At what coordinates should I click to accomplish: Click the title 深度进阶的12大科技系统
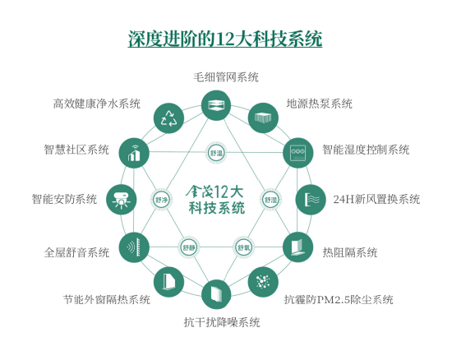(x=225, y=39)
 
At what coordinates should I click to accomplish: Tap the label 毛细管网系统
(x=226, y=77)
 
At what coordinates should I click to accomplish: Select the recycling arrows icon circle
(x=168, y=118)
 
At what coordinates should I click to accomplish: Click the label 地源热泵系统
(x=319, y=104)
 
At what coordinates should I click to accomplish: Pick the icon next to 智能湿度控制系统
(x=297, y=153)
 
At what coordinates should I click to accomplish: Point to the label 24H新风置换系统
(x=376, y=199)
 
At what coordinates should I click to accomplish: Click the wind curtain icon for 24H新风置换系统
(x=311, y=200)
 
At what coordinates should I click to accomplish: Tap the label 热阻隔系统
(x=349, y=252)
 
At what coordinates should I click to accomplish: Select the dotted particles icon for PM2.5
(x=263, y=282)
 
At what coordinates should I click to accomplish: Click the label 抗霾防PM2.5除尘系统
(x=339, y=300)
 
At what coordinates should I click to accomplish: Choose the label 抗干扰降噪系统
(x=222, y=322)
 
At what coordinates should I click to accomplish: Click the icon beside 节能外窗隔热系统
(x=168, y=282)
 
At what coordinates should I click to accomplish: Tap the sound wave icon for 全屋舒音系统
(x=134, y=247)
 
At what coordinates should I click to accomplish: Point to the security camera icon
(x=121, y=200)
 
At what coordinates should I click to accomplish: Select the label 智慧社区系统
(x=76, y=150)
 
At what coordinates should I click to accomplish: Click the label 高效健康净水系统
(x=97, y=104)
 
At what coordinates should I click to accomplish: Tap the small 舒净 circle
(x=161, y=200)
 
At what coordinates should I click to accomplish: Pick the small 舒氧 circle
(x=243, y=247)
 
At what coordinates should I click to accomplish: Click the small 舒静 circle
(x=189, y=247)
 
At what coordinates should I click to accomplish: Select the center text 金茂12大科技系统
(x=215, y=200)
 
